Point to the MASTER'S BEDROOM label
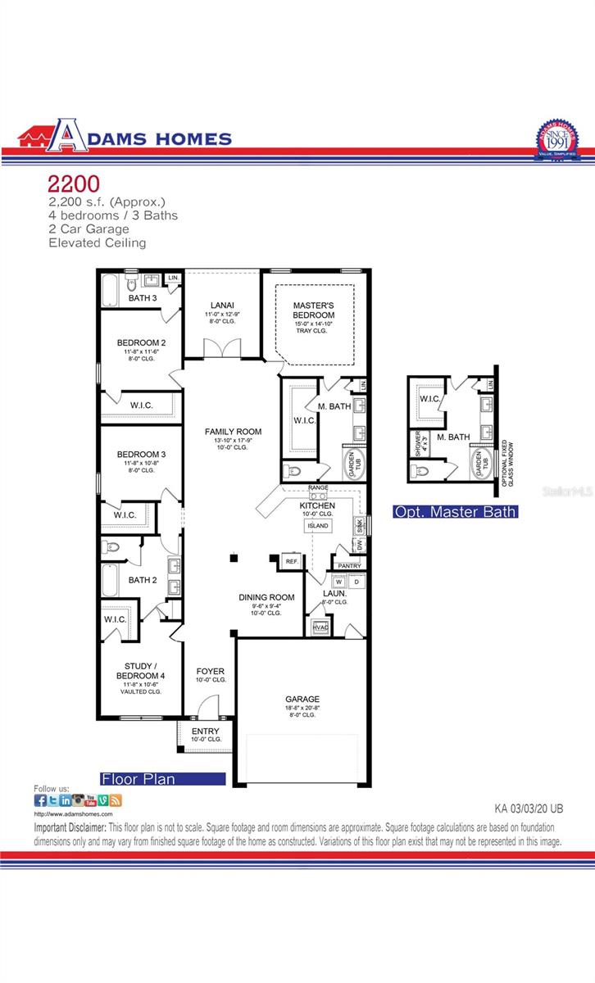314,310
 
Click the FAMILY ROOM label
233,432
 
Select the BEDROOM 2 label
141,342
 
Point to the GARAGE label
302,699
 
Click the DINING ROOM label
266,597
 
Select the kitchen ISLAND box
318,525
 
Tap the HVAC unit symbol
320,627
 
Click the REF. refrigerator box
291,561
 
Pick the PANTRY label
349,565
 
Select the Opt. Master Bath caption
455,512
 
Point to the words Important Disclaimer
70,827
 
